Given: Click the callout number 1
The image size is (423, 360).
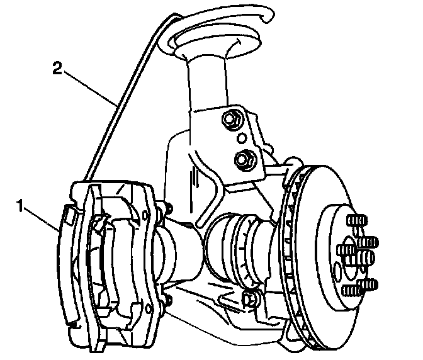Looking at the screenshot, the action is tap(21, 205).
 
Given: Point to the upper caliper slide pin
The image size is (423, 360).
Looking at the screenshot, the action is tap(166, 206).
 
